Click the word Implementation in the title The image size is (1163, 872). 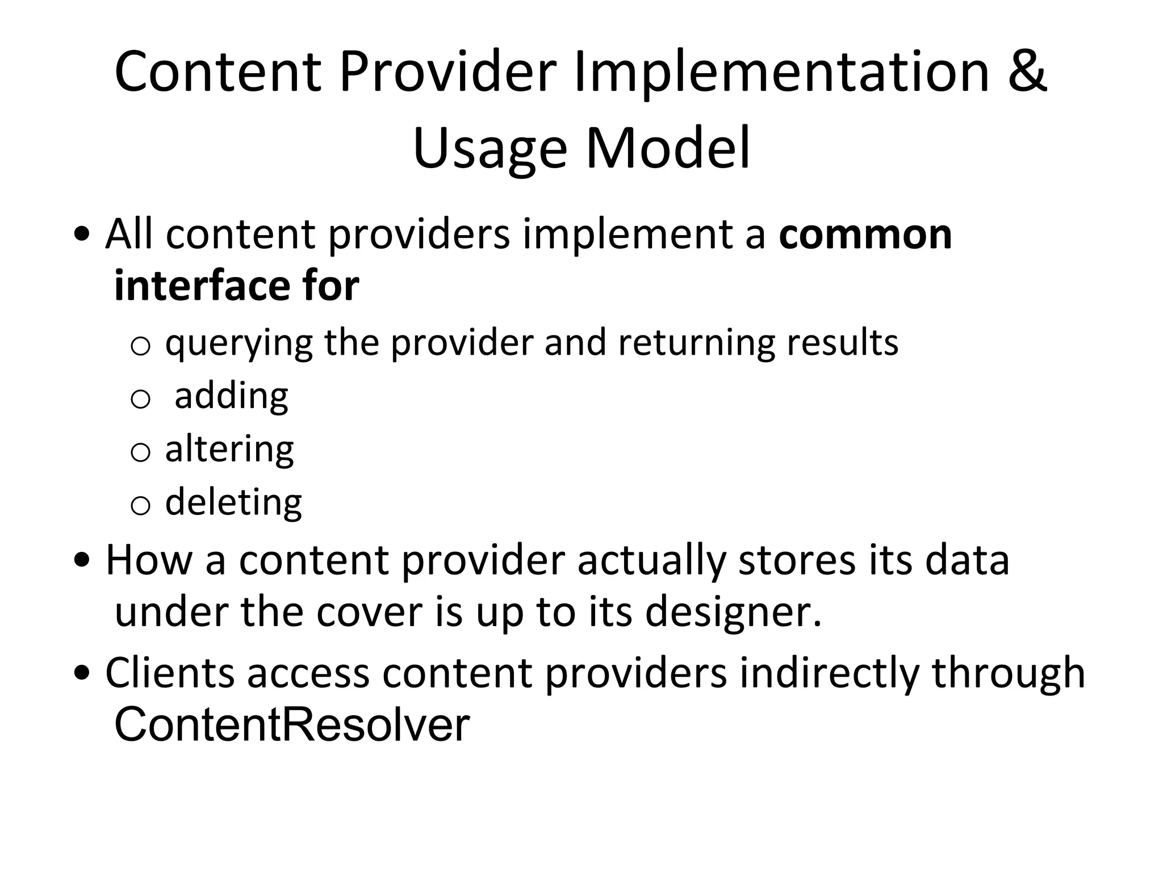(x=782, y=72)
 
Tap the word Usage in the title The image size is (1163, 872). (x=490, y=149)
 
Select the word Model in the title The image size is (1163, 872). (x=668, y=149)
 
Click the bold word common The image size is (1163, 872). (x=865, y=234)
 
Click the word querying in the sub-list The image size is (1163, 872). (x=239, y=343)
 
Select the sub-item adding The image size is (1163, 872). (x=231, y=396)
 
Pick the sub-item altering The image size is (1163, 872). (x=229, y=449)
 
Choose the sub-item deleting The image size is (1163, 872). (x=233, y=502)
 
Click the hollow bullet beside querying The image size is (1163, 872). (x=140, y=346)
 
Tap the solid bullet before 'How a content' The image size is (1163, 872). (x=82, y=561)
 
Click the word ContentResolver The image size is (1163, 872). (x=292, y=725)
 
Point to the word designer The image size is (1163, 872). (x=733, y=613)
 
